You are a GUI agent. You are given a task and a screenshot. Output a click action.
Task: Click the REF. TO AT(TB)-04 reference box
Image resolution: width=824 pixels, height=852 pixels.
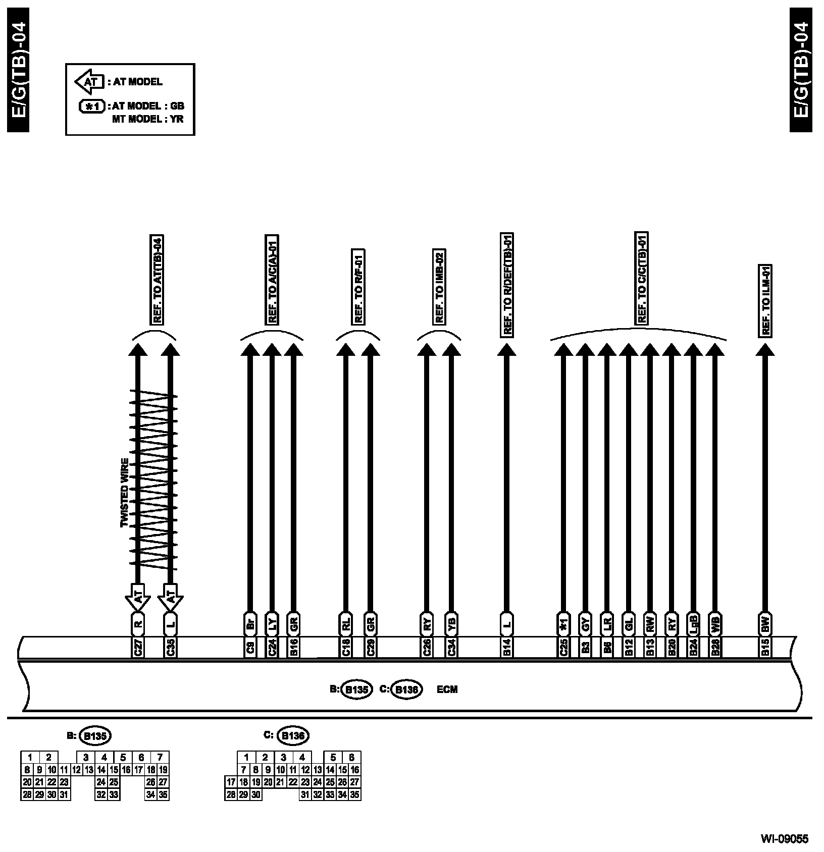[158, 280]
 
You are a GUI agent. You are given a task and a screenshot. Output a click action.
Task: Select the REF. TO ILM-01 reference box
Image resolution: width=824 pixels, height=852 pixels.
[765, 301]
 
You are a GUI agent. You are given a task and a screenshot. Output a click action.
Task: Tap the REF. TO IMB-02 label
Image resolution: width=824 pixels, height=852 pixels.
[439, 287]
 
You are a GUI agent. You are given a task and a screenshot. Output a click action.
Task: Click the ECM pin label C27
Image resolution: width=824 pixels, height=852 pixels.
[138, 648]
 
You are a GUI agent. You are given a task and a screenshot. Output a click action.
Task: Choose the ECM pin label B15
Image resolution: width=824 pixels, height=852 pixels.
[765, 648]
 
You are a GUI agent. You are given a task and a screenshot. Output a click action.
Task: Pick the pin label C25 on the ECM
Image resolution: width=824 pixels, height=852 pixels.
[563, 648]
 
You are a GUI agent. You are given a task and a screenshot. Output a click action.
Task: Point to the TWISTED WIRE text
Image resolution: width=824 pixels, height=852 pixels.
[124, 493]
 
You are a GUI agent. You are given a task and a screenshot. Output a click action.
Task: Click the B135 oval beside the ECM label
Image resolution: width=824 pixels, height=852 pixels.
[356, 689]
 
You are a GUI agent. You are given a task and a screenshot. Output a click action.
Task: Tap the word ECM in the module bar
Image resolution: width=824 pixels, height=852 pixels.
[447, 689]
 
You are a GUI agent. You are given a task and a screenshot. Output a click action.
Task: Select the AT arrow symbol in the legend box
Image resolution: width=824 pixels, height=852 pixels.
[89, 82]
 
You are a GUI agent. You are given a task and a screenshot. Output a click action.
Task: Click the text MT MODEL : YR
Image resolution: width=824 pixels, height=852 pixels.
[147, 120]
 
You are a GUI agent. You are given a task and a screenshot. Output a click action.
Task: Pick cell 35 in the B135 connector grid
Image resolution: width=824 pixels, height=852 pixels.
[163, 794]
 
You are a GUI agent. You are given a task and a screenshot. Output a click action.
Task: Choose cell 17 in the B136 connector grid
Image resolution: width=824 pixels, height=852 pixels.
[231, 782]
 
